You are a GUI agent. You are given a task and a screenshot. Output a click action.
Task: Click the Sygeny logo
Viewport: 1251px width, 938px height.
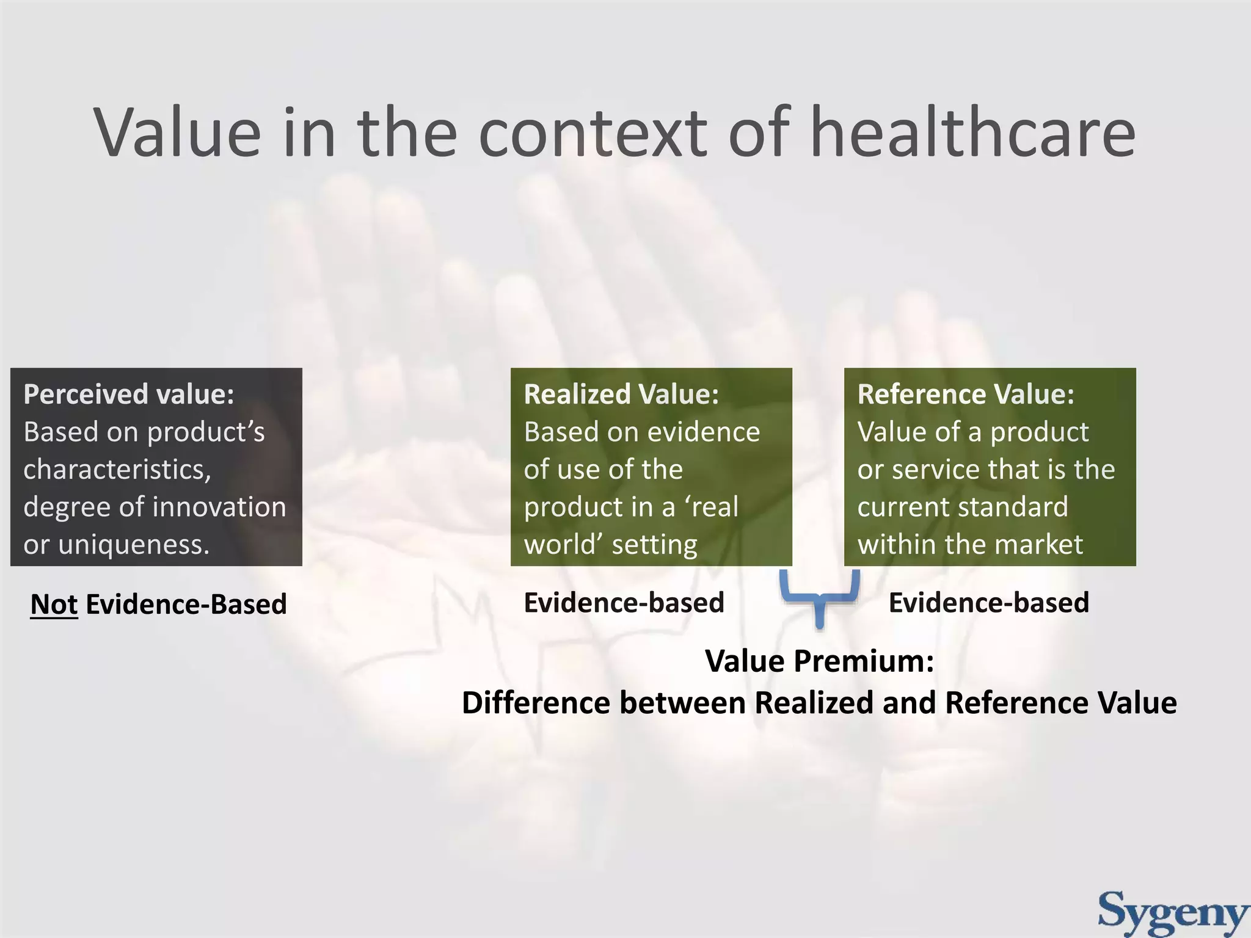coord(1173,912)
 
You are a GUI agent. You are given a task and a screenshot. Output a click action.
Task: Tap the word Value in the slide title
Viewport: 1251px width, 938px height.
coord(177,133)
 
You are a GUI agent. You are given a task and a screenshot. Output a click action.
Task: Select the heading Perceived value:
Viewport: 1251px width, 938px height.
coord(129,394)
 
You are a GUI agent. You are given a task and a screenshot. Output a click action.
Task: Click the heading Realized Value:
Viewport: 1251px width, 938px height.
coord(621,394)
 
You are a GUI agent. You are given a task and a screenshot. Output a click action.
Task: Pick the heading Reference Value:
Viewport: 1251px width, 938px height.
coord(965,394)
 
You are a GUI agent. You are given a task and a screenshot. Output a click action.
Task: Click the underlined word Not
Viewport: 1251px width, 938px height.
coord(54,604)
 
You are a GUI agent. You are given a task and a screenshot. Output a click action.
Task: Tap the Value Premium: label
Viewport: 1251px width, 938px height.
coord(819,661)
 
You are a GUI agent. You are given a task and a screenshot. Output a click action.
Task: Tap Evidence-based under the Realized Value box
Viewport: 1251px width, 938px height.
coord(624,603)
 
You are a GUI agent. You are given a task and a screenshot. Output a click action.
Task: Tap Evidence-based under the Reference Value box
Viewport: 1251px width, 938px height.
coord(988,603)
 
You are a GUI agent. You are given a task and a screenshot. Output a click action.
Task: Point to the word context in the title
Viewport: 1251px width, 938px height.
coord(593,133)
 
